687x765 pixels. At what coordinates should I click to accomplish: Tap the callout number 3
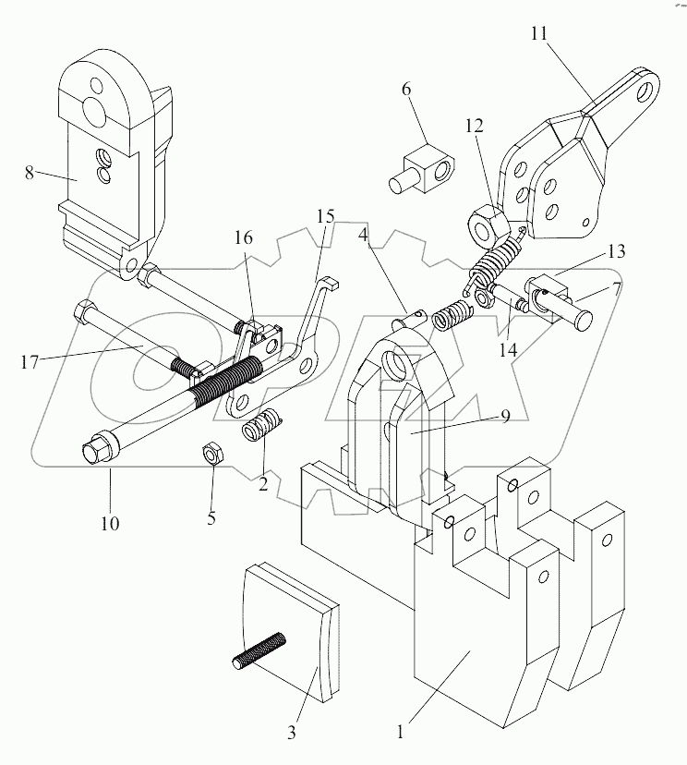click(x=292, y=735)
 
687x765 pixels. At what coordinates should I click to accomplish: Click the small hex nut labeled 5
click(x=211, y=453)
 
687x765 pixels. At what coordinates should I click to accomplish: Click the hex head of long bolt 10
click(x=92, y=454)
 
